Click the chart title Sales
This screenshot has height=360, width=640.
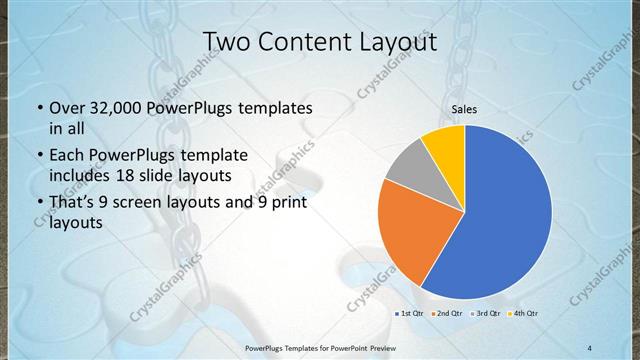464,108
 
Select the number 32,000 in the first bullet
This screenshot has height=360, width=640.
119,108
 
